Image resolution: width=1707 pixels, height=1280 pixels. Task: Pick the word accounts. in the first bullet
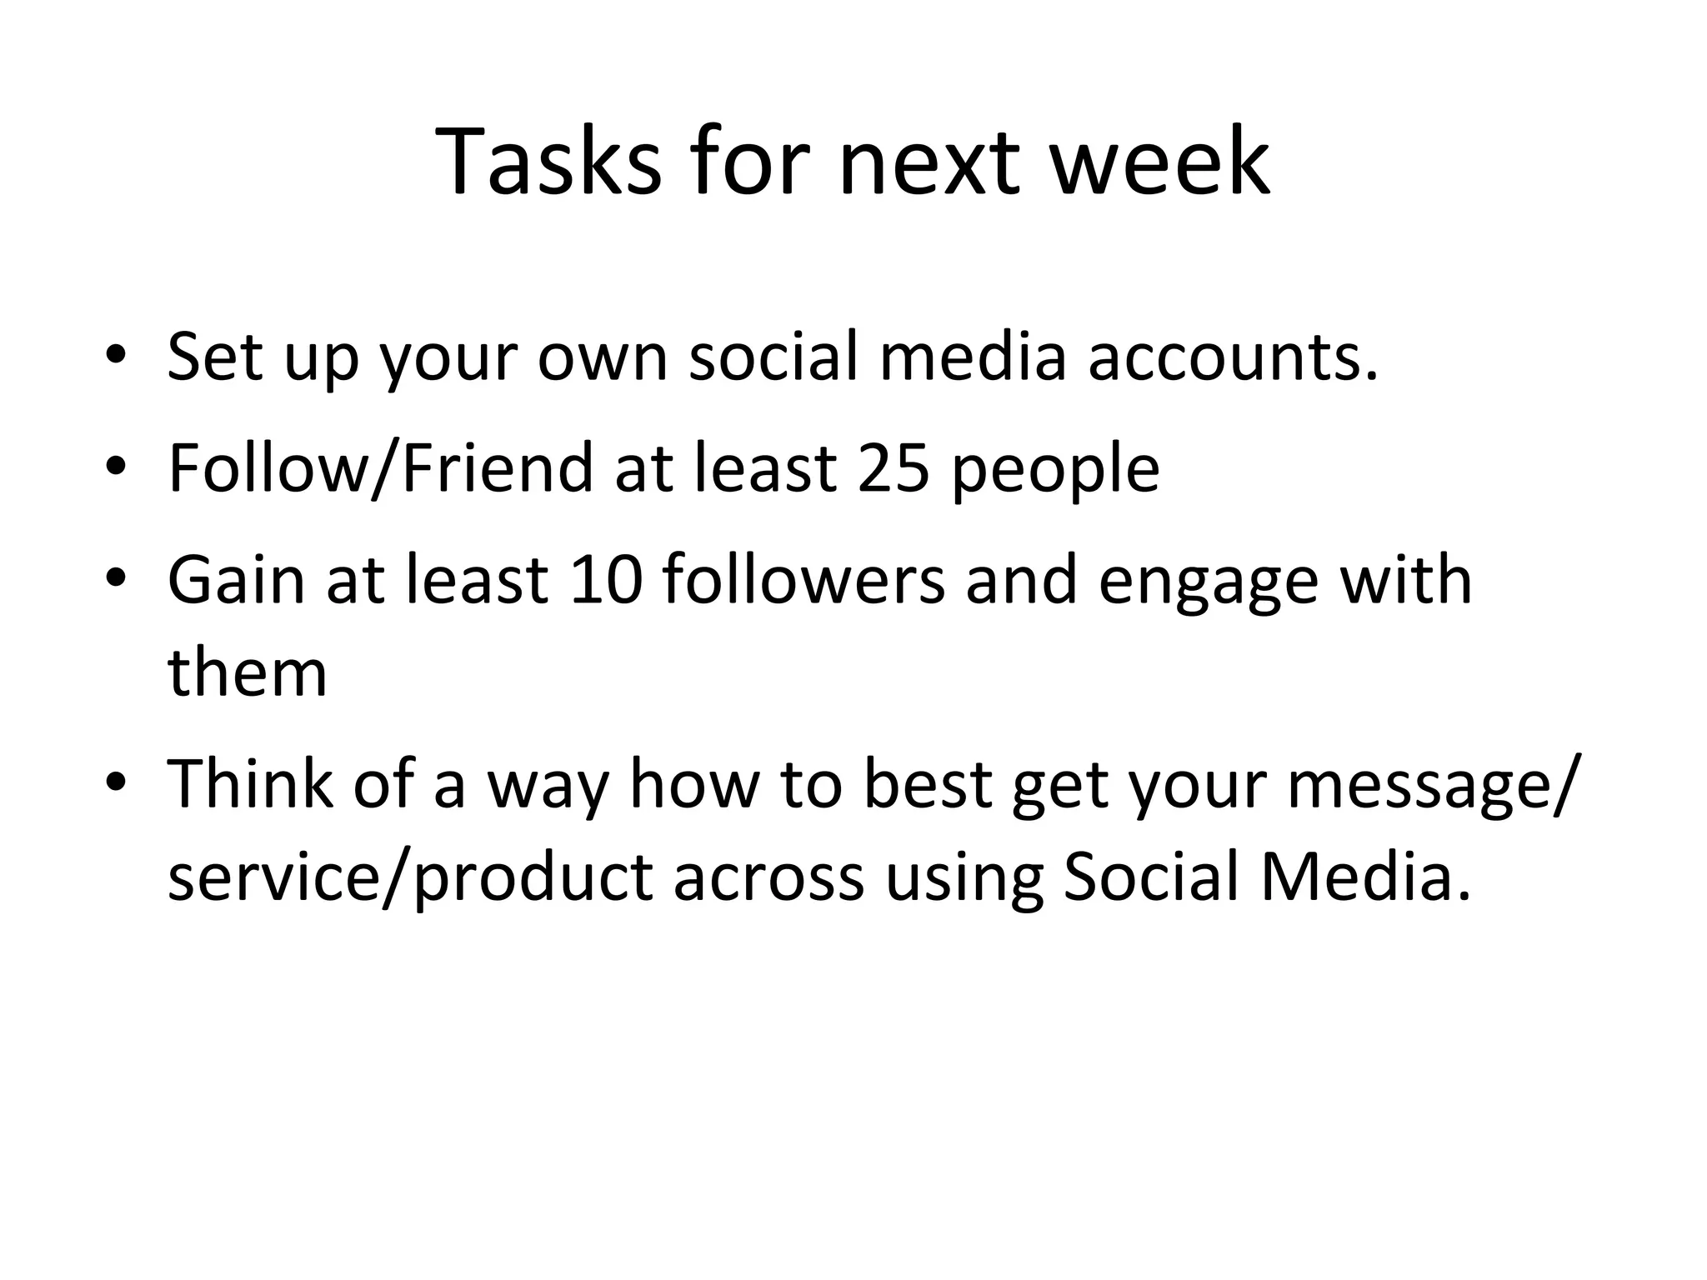point(1234,357)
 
